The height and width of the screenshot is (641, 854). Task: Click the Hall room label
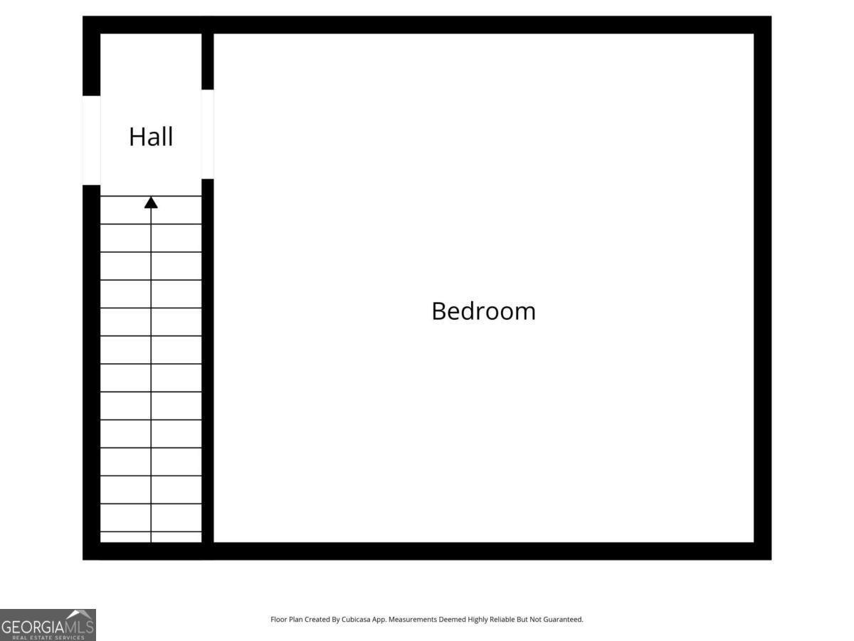[151, 137]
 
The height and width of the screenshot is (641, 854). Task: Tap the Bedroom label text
[484, 311]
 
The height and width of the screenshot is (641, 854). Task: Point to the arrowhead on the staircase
[151, 202]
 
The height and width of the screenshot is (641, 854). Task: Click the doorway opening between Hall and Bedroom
[207, 135]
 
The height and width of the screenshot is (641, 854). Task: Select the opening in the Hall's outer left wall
[91, 140]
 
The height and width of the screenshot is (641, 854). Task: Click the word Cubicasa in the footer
[356, 619]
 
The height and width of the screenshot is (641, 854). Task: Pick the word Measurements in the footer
[412, 619]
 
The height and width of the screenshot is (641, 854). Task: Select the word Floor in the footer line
[278, 619]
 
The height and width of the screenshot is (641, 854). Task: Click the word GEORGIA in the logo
[33, 627]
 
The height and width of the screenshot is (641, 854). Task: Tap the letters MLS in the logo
[80, 627]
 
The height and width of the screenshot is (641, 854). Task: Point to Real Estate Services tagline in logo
[48, 637]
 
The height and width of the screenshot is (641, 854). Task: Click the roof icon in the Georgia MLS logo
[80, 615]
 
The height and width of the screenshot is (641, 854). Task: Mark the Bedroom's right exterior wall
[763, 288]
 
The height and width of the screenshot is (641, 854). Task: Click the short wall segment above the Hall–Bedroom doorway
[207, 61]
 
